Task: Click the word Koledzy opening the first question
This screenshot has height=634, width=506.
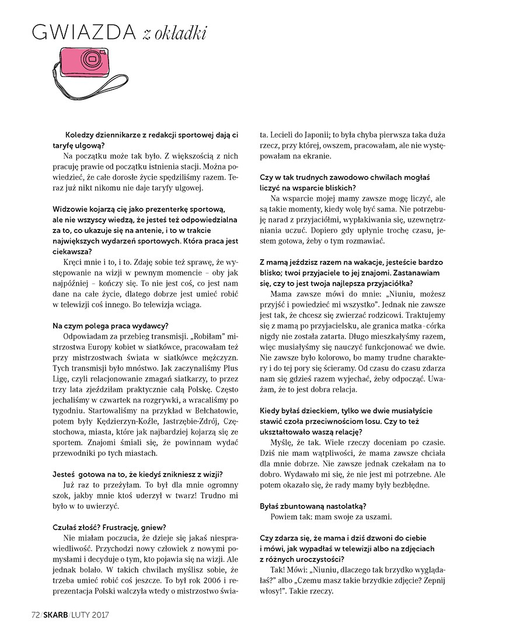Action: [82, 134]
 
